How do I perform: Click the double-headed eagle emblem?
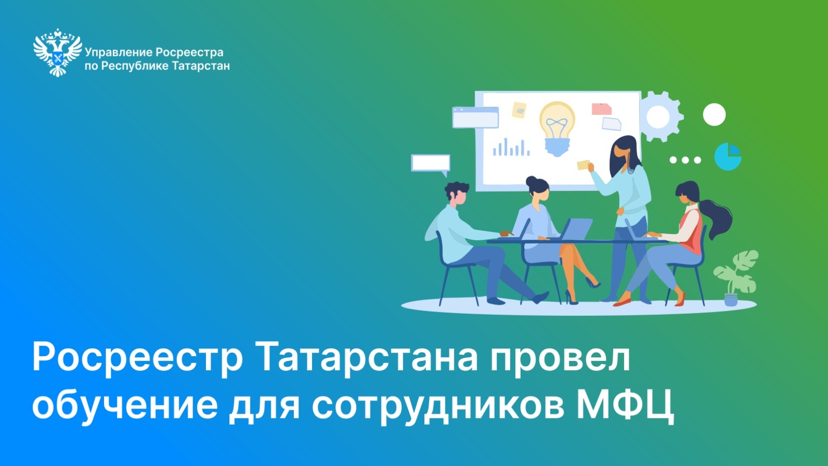click(57, 52)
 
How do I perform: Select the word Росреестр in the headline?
click(137, 358)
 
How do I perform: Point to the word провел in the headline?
click(559, 358)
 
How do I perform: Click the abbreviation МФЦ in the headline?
click(626, 404)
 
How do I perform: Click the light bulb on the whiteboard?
click(557, 128)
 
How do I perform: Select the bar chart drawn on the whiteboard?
click(511, 147)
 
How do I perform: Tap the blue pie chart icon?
click(728, 156)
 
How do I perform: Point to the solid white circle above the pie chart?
click(714, 114)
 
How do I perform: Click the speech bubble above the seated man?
click(431, 164)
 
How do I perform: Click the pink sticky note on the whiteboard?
click(601, 109)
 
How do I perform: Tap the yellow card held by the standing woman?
click(583, 165)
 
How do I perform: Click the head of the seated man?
click(456, 193)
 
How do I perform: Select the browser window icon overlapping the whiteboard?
click(476, 117)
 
